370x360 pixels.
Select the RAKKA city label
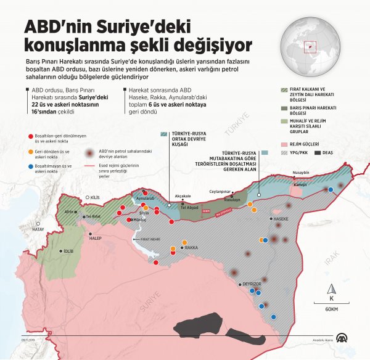point(191,247)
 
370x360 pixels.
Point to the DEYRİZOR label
point(253,284)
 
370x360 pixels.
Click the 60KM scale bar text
point(332,308)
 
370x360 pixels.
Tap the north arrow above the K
point(332,288)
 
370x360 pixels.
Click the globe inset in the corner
point(307,44)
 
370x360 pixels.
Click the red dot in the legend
point(30,134)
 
